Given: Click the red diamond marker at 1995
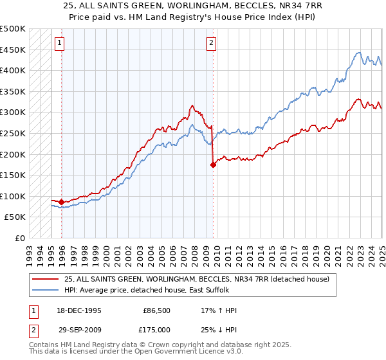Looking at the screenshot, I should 62,202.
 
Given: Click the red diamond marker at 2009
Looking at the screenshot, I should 213,165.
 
